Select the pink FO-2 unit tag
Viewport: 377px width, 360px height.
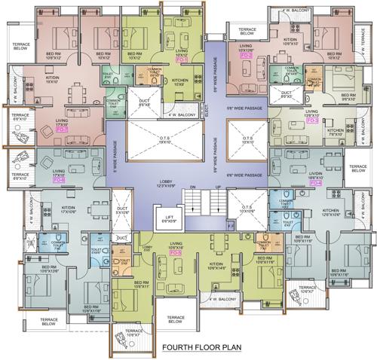tap(246, 56)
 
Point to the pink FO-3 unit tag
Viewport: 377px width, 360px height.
tap(311, 120)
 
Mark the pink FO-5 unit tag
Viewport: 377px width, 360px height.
tap(176, 253)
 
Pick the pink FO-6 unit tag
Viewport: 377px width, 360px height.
tap(58, 182)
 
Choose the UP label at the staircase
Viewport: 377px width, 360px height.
tap(218, 188)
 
